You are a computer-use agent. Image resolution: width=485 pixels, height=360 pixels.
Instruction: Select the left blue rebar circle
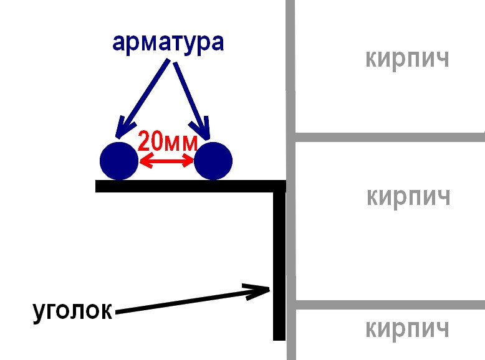pos(118,161)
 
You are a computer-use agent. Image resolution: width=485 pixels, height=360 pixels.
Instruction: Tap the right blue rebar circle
pos(213,161)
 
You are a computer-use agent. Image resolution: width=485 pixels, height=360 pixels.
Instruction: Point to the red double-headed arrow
pos(166,162)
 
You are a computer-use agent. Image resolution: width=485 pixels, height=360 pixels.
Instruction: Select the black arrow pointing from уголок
pos(193,299)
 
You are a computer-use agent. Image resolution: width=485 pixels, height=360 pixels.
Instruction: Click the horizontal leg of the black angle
pos(187,186)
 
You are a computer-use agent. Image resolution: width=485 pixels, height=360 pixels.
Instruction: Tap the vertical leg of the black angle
pos(279,262)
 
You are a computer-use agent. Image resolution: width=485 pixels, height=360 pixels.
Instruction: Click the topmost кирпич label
pos(407,59)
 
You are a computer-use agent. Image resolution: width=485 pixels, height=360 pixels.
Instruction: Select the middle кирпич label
pos(408,197)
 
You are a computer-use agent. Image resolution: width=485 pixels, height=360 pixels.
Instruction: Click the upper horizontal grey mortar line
pos(387,136)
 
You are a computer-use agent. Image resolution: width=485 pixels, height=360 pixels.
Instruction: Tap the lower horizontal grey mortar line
pos(387,305)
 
